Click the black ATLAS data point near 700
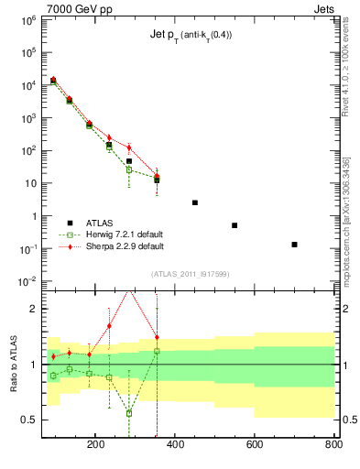coord(294,245)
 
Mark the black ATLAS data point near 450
coord(195,202)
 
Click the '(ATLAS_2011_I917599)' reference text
coord(190,273)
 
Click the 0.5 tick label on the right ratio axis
coord(346,420)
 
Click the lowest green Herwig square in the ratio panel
coord(129,413)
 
